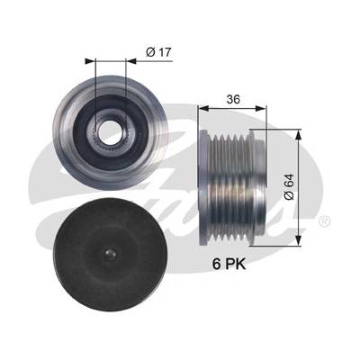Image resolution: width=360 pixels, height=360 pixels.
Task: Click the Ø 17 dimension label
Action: click(158, 52)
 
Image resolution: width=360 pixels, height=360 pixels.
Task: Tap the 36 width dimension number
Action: click(233, 99)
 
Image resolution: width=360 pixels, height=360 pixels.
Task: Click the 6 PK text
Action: click(229, 264)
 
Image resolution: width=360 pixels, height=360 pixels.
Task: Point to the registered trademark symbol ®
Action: click(325, 221)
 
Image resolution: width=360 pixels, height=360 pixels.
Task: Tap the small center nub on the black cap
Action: click(111, 255)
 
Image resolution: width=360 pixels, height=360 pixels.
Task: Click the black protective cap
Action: click(110, 254)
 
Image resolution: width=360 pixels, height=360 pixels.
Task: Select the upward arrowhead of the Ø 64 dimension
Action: click(298, 135)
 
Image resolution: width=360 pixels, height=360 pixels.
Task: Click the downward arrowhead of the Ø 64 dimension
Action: click(298, 240)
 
